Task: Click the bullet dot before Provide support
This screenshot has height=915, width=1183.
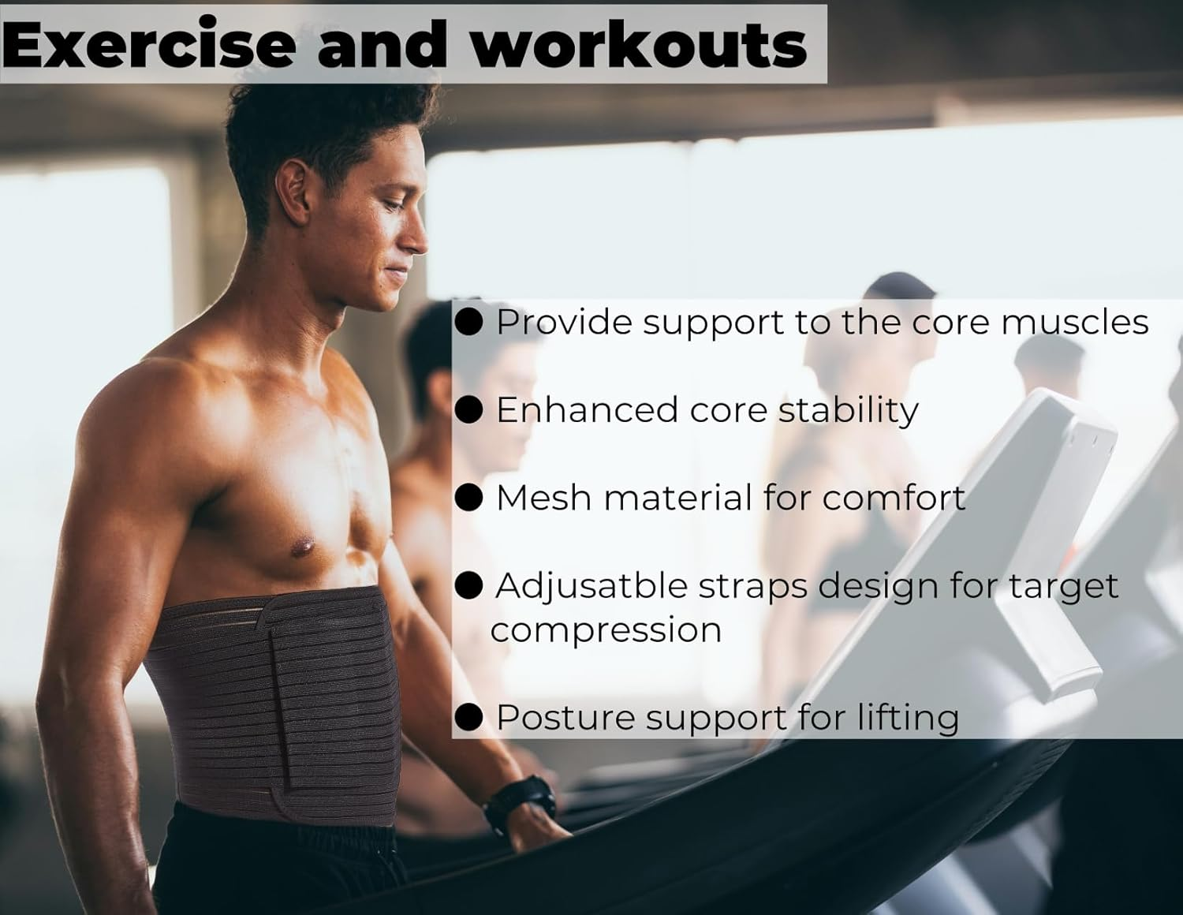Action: pos(470,322)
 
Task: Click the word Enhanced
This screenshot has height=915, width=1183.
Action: pos(587,410)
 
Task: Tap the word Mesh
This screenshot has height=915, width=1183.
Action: pos(543,498)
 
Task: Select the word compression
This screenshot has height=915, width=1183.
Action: pos(606,630)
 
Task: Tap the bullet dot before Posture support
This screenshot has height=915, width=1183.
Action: pos(470,717)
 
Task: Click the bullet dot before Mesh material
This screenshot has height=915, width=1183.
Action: pos(470,498)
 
